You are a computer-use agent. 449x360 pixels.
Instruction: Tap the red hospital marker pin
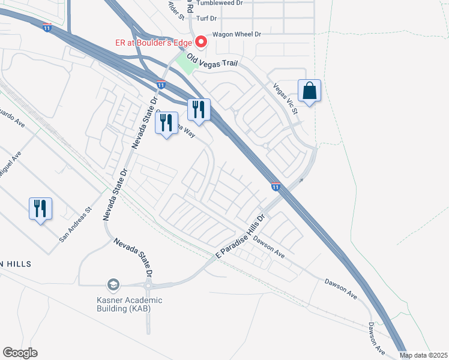coord(202,42)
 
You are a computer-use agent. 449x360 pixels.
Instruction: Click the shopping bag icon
coord(309,91)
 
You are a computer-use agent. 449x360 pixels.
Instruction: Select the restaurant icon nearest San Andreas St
coord(40,209)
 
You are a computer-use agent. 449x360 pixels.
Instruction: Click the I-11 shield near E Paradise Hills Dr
coord(276,187)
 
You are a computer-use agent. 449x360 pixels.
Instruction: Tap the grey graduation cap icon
coord(113,284)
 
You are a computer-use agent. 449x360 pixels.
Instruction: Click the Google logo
coord(20,353)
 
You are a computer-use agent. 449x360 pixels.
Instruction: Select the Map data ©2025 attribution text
coord(423,355)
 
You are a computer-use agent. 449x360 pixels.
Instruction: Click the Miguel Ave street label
coord(10,163)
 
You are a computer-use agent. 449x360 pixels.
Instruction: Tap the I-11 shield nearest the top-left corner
coord(47,27)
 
